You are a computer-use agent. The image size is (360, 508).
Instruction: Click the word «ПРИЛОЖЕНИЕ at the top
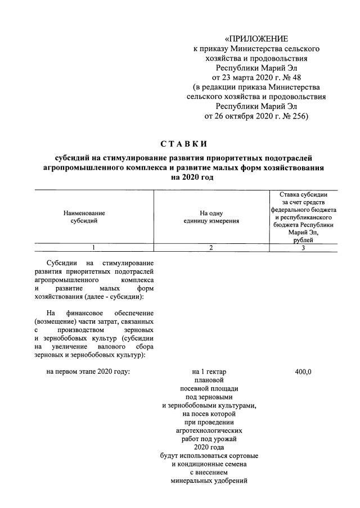tap(256, 39)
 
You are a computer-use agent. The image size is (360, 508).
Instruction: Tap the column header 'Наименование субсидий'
tap(84, 217)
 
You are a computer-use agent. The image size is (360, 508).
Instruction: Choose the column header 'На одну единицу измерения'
tap(211, 217)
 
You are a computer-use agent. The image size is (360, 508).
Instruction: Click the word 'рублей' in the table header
tap(303, 240)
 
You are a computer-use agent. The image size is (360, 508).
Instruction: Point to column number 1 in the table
tap(94, 248)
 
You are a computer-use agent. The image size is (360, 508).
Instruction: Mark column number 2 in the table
tap(211, 248)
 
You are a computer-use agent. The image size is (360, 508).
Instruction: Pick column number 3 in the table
tap(303, 248)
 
